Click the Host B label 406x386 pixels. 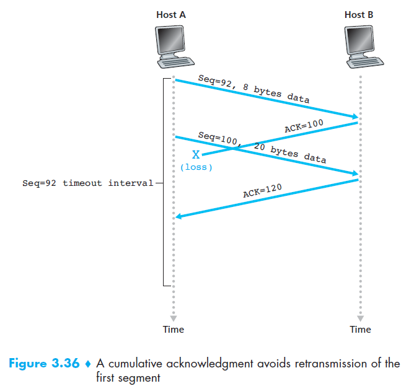(x=360, y=14)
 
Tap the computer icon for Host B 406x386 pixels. (x=360, y=47)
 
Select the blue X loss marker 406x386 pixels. (x=196, y=155)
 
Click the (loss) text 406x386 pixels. (x=196, y=167)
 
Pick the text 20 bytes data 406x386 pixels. (x=290, y=153)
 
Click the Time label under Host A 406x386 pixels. (x=174, y=329)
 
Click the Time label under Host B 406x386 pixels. (x=360, y=329)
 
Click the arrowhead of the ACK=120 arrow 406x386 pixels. (x=179, y=217)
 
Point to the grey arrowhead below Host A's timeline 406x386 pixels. (x=174, y=318)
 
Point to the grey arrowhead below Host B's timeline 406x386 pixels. (x=360, y=318)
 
